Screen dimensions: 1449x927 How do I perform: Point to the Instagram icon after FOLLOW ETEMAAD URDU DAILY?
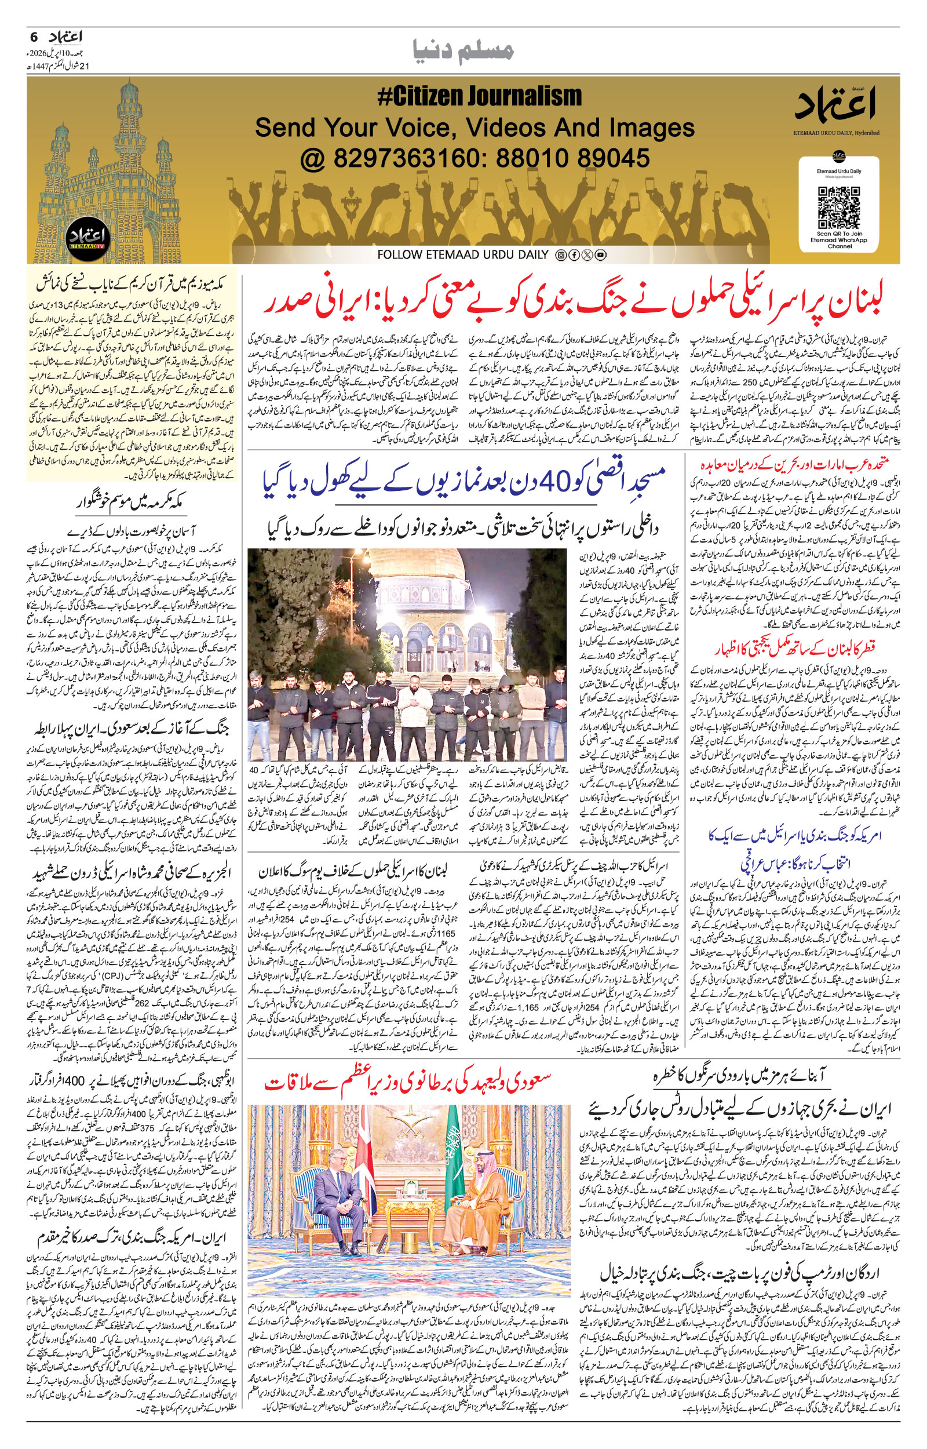coord(560,255)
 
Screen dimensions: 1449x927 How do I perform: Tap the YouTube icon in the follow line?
coord(600,255)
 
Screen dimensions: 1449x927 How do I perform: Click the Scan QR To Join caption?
coord(838,234)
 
